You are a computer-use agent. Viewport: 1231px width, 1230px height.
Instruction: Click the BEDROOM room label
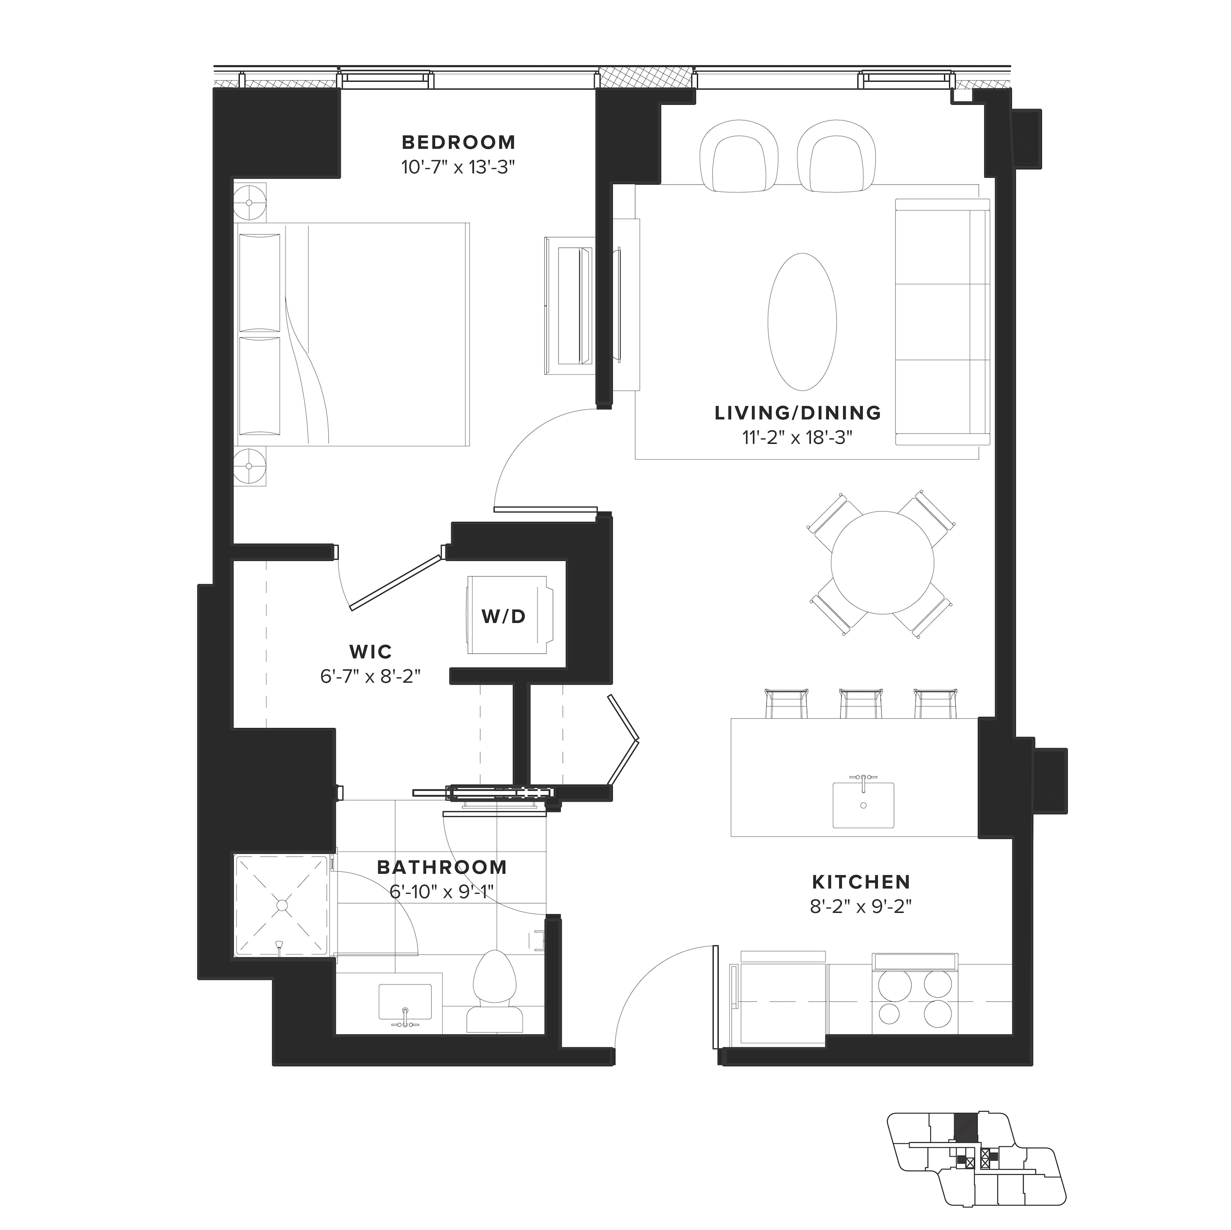pyautogui.click(x=458, y=142)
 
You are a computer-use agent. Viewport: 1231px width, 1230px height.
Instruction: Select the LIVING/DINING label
pyautogui.click(x=798, y=413)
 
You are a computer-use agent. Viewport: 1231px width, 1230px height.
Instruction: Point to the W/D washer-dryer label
pyautogui.click(x=504, y=616)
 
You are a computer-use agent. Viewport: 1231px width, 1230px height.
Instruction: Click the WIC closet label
pyautogui.click(x=370, y=651)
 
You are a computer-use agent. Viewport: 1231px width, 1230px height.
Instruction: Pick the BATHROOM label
pyautogui.click(x=442, y=867)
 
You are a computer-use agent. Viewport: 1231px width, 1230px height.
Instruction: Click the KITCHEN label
pyautogui.click(x=861, y=882)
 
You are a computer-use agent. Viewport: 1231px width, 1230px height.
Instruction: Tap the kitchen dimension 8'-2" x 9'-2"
pyautogui.click(x=861, y=906)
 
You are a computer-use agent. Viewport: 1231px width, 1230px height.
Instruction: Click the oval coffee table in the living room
pyautogui.click(x=802, y=322)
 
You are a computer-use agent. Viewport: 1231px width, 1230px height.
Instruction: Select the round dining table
pyautogui.click(x=883, y=562)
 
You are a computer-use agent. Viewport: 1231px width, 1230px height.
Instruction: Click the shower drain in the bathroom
pyautogui.click(x=282, y=904)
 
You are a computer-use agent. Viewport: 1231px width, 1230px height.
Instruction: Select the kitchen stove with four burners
pyautogui.click(x=915, y=1001)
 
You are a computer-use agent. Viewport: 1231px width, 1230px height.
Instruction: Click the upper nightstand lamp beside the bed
pyautogui.click(x=249, y=203)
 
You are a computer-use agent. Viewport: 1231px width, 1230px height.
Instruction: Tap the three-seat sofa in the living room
pyautogui.click(x=943, y=322)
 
